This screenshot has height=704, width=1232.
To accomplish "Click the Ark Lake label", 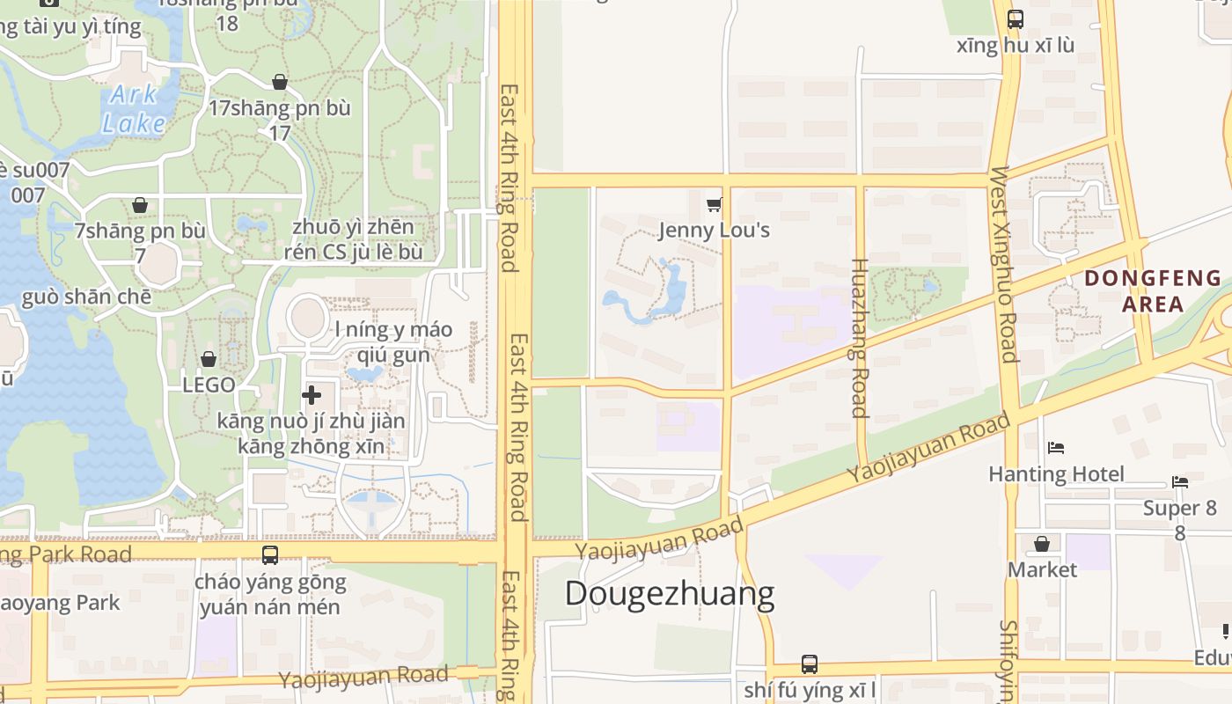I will pos(134,108).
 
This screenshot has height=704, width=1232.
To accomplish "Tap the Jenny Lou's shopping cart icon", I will pos(714,205).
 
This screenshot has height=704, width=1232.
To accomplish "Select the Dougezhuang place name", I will pos(669,594).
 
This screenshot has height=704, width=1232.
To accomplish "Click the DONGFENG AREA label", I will pos(1153,291).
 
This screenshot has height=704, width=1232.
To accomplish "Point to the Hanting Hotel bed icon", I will pos(1056,448).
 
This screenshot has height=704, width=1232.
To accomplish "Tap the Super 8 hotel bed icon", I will pos(1180,482).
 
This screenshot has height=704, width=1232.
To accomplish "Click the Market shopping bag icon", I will pos(1042,544).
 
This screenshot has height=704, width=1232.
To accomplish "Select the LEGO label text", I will pos(209,385).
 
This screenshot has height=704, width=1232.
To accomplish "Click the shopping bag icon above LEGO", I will pos(209,359).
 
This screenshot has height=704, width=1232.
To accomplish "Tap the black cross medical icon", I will pos(312,395).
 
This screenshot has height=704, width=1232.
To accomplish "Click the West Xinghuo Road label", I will pos(1003,264).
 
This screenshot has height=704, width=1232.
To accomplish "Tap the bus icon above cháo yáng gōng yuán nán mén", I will pos(270,555).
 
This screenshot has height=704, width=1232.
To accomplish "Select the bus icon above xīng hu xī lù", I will pos(1016,18).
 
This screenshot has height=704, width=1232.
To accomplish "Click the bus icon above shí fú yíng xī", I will pos(810,664).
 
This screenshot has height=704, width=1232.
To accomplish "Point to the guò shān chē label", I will pos(86,297).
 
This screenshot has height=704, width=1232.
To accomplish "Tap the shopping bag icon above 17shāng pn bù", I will pos(280,82).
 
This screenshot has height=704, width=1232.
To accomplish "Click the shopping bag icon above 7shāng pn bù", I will pos(140,205).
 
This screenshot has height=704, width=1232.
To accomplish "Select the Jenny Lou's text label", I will pos(714,231).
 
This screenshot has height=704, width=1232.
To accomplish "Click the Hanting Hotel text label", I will pos(1056,474).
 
